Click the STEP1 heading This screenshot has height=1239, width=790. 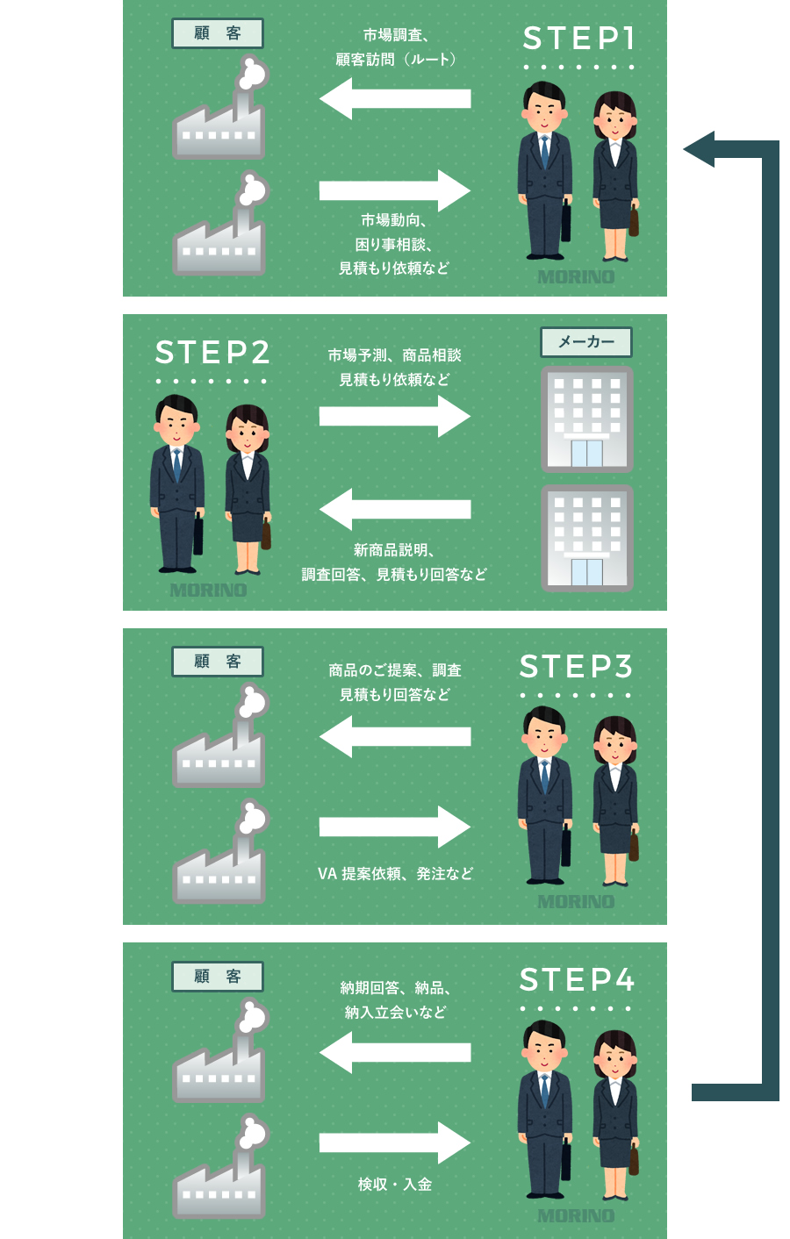(x=578, y=39)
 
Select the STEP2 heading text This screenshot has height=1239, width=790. (x=212, y=353)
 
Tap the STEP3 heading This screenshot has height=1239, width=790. (x=576, y=667)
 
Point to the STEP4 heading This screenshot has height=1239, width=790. (x=577, y=980)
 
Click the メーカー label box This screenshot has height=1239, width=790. (x=586, y=341)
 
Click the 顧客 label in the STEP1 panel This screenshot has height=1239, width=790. (x=218, y=33)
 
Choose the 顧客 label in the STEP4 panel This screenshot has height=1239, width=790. (x=218, y=977)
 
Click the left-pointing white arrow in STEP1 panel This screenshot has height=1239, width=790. (x=395, y=98)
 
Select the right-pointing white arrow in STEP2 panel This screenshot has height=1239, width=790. (x=395, y=416)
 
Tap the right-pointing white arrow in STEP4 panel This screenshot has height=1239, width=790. (x=395, y=1142)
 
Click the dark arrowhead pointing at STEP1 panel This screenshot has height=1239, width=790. (x=701, y=149)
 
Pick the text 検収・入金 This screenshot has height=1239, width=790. (x=395, y=1185)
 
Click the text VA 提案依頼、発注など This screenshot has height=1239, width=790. (x=395, y=874)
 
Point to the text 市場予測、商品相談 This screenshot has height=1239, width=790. (x=395, y=355)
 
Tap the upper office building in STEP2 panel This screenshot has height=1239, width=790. (x=586, y=419)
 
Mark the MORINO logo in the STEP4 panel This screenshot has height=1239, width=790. (x=576, y=1216)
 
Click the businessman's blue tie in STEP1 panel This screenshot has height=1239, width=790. (x=544, y=152)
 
